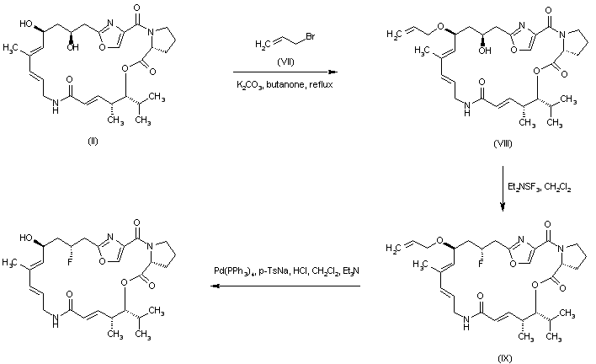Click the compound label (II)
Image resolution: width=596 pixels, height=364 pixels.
point(93,139)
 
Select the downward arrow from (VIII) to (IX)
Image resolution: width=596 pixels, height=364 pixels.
point(503,181)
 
